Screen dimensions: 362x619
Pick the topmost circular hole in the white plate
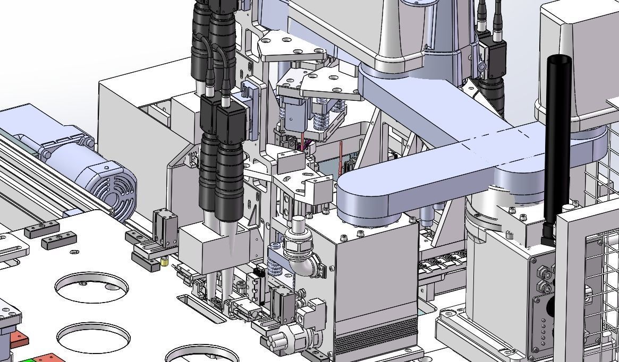(91, 287)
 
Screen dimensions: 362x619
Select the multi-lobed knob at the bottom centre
(282, 339)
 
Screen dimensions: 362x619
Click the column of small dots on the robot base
(543, 329)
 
